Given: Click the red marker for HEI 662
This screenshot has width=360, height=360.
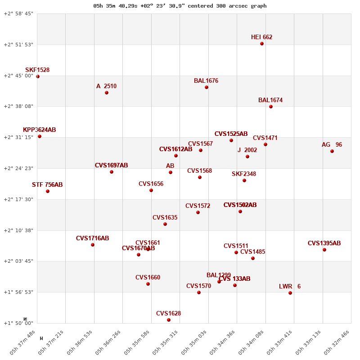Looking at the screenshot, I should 262,44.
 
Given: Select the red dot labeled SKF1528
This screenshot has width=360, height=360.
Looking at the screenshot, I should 38,76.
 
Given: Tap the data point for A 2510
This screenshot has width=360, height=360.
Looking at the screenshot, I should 107,93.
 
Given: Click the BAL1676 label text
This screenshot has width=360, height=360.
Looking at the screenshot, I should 206,81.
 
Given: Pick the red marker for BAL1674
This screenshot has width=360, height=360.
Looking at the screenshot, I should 271,107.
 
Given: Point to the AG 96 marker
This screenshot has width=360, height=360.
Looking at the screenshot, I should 332,151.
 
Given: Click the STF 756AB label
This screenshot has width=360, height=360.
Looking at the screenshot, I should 47,185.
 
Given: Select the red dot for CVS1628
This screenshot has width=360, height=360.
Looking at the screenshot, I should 169,320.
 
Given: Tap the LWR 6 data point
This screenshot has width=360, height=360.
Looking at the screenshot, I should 290,293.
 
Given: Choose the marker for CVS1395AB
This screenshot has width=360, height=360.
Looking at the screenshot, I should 324,250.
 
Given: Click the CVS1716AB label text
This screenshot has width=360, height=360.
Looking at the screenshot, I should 92,238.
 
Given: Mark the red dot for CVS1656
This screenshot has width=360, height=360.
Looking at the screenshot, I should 151,190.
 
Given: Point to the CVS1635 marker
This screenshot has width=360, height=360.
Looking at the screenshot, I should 165,224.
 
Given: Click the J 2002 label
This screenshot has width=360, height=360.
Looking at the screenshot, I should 247,150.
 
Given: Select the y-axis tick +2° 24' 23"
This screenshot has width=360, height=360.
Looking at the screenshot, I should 18,168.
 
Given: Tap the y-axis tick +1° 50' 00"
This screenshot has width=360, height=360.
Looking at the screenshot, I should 18,323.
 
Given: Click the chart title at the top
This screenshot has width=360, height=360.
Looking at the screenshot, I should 180,6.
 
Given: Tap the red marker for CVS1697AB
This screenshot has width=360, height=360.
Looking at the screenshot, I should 112,172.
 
